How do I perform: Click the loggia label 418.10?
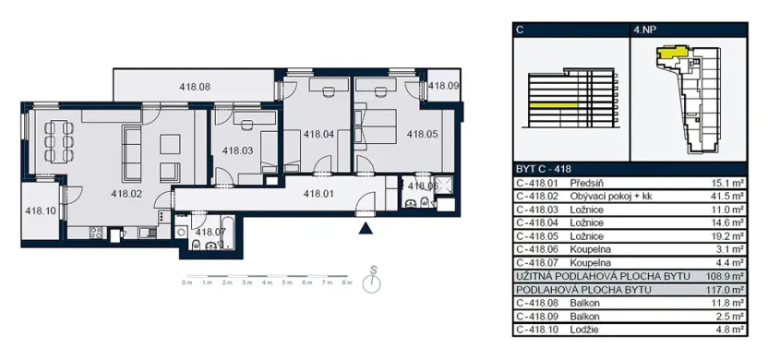tap(41, 210)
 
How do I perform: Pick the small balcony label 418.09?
tap(444, 86)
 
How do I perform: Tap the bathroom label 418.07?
tap(211, 231)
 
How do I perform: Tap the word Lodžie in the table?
tap(586, 328)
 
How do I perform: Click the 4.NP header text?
tap(645, 30)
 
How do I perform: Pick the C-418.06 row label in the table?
tap(538, 250)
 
